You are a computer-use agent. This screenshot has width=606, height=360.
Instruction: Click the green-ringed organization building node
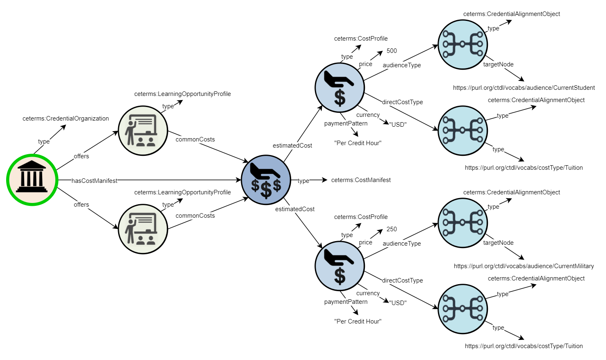[32, 180]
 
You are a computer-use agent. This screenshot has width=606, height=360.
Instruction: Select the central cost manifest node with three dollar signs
[266, 180]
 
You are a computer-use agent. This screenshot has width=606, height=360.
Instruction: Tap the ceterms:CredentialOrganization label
[66, 118]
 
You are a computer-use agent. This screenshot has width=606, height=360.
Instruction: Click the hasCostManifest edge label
[94, 181]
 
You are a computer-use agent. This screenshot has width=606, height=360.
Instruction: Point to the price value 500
[392, 51]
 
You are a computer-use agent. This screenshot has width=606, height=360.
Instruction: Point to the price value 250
[392, 229]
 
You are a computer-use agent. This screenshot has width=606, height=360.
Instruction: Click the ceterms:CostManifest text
[361, 180]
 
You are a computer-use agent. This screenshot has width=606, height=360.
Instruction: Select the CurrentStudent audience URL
[524, 88]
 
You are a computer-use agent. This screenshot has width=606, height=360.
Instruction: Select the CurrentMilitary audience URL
[524, 266]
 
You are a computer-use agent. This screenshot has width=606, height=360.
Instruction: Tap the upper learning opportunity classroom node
[143, 130]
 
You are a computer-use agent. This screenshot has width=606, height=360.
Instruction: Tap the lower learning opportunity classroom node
[143, 229]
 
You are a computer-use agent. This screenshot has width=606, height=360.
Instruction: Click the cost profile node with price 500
[339, 87]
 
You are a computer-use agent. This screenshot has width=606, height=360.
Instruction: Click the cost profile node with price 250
[339, 266]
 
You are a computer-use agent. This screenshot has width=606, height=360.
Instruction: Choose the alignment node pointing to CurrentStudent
[462, 44]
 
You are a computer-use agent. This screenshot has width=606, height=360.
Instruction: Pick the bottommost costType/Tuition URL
[524, 346]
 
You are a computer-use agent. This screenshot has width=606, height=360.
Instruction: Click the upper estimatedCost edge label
[292, 146]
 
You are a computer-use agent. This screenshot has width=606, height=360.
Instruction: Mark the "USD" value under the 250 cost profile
[398, 303]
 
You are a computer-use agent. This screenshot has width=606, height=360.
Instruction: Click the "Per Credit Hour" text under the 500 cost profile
[358, 143]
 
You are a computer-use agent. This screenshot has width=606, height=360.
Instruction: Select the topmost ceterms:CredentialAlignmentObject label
[511, 14]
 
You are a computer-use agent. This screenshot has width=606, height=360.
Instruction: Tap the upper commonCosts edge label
[195, 139]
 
